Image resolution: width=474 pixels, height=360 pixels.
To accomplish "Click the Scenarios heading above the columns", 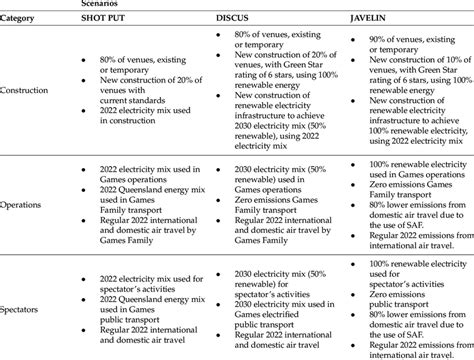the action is [108, 5].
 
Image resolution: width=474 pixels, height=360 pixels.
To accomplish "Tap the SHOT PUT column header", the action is [111, 24].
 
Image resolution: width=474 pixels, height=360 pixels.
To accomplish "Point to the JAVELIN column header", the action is [372, 24].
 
